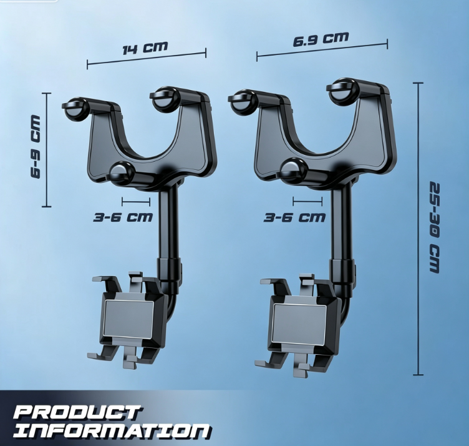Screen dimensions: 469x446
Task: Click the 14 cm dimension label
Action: (145, 48)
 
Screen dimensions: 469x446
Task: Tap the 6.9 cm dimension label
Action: (321, 39)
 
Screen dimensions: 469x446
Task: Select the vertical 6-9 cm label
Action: (36, 147)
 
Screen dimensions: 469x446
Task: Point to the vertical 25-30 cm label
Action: (435, 227)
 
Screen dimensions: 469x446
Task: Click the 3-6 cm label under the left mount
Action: (123, 217)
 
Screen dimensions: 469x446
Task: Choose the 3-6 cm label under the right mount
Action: (294, 217)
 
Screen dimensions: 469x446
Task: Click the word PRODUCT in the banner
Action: (77, 413)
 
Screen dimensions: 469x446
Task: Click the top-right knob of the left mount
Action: (165, 97)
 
